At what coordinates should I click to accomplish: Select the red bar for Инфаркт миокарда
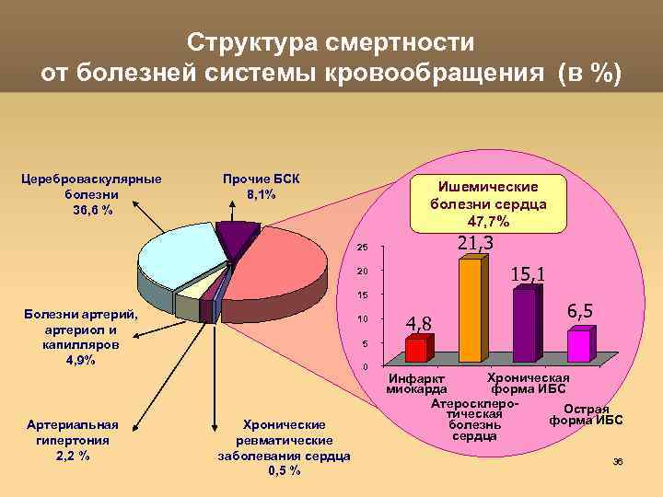(x=416, y=350)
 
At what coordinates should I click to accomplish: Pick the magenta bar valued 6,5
(x=578, y=346)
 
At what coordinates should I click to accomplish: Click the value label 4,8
(x=419, y=323)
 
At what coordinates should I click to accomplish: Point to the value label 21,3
(x=476, y=243)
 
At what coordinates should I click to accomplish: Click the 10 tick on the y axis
(x=362, y=319)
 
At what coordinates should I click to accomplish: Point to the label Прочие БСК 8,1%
(x=261, y=186)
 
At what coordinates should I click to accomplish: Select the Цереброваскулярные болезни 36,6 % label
(x=91, y=194)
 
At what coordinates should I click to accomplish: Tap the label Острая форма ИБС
(x=586, y=415)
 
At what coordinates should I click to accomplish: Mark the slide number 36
(x=618, y=461)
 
